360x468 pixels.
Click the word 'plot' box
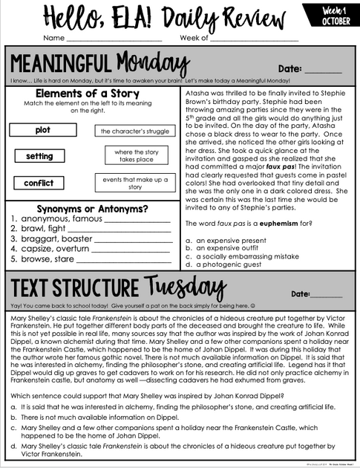click(x=42, y=130)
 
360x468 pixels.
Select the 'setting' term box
click(x=39, y=157)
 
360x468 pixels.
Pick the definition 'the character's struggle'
click(x=134, y=131)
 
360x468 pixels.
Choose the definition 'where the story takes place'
click(x=134, y=155)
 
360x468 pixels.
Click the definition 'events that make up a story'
click(x=134, y=183)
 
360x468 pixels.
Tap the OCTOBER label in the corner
click(x=336, y=21)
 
